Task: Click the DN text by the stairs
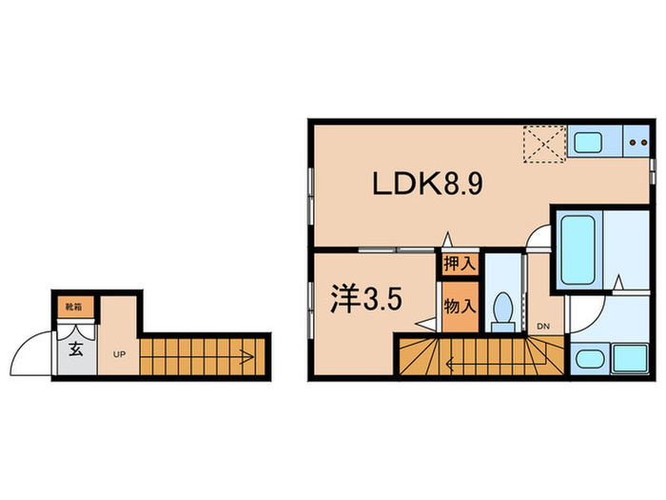(543, 327)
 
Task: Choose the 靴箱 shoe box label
(71, 307)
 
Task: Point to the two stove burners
(635, 145)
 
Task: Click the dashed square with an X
(543, 143)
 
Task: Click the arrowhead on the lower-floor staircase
(246, 358)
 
